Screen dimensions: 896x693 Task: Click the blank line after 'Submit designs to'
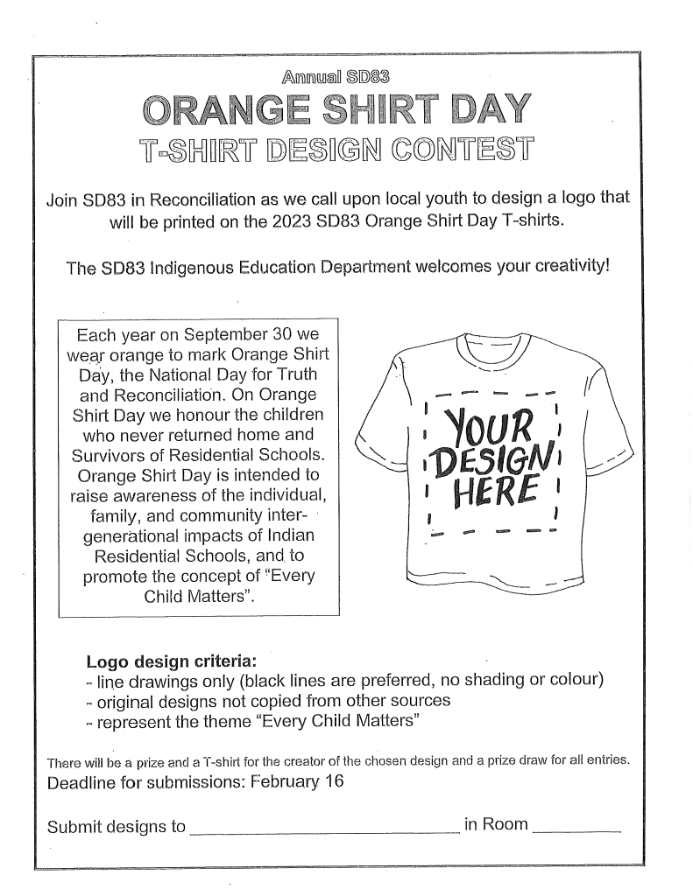pyautogui.click(x=324, y=828)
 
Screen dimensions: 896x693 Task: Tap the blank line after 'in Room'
pyautogui.click(x=576, y=828)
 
